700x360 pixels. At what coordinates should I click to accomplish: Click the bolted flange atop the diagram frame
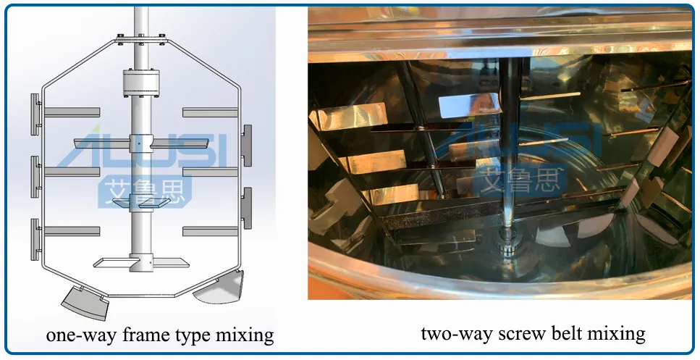[x=139, y=39]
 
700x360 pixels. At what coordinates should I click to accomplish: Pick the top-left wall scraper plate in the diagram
[x=35, y=114]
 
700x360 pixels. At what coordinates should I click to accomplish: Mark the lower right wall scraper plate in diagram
[x=247, y=206]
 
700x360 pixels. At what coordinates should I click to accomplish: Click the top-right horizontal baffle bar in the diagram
[x=210, y=112]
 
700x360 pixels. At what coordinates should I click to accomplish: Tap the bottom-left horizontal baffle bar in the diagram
[x=71, y=231]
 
